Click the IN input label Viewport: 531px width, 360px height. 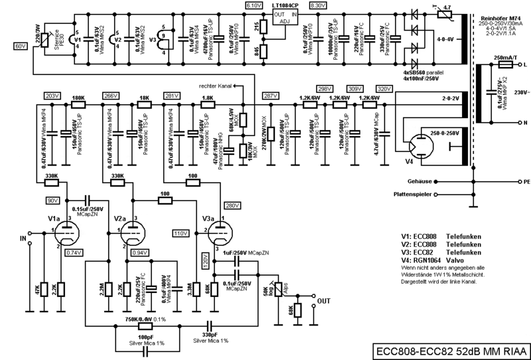(x=25, y=236)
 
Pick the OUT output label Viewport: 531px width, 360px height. (x=324, y=301)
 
